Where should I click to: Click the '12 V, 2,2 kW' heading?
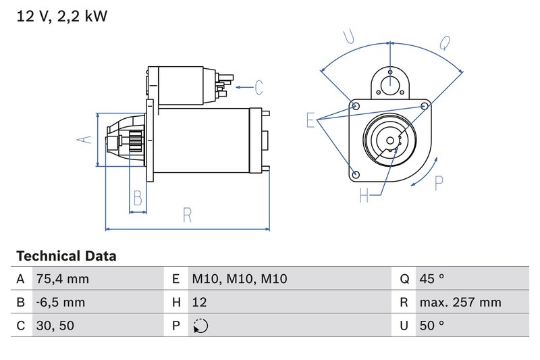[x=61, y=16]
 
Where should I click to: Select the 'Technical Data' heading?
[x=66, y=256]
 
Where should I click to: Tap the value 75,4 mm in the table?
[x=62, y=279]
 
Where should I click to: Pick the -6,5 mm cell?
[x=61, y=302]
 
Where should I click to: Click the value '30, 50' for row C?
[x=55, y=326]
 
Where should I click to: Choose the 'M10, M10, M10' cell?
[x=230, y=279]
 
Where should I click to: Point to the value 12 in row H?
[x=199, y=302]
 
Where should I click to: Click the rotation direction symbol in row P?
[x=200, y=326]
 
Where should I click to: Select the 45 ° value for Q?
[x=432, y=279]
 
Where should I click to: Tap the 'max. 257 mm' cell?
[x=460, y=302]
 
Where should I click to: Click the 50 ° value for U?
[x=432, y=326]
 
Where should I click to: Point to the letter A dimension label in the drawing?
[x=83, y=140]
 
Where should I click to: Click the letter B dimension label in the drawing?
[x=138, y=198]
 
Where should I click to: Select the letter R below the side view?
[x=188, y=215]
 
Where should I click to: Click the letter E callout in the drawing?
[x=311, y=120]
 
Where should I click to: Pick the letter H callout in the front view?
[x=364, y=196]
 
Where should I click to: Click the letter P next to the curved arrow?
[x=439, y=183]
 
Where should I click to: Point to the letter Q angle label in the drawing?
[x=445, y=43]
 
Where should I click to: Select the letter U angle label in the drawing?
[x=349, y=37]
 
